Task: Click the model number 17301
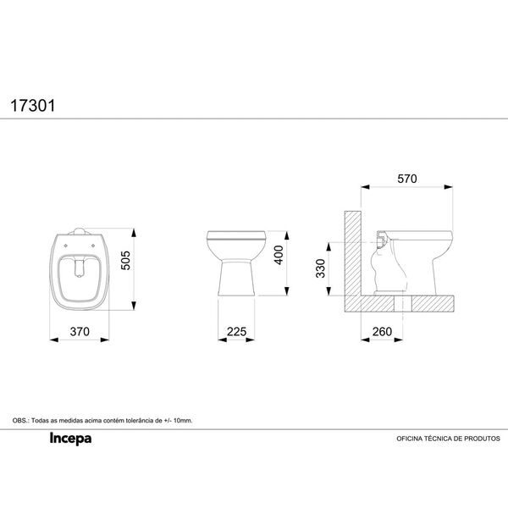point(33,106)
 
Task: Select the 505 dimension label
point(125,260)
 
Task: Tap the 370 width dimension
point(80,332)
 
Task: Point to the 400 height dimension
point(279,255)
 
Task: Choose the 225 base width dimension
point(236,332)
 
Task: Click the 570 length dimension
point(407,179)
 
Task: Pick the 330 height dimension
point(320,268)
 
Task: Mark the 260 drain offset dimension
point(383,332)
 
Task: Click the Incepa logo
point(70,439)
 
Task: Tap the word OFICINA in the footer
point(410,439)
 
